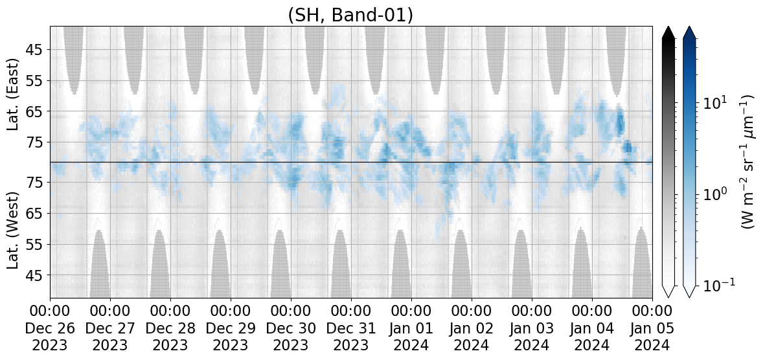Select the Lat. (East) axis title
click(x=13, y=95)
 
